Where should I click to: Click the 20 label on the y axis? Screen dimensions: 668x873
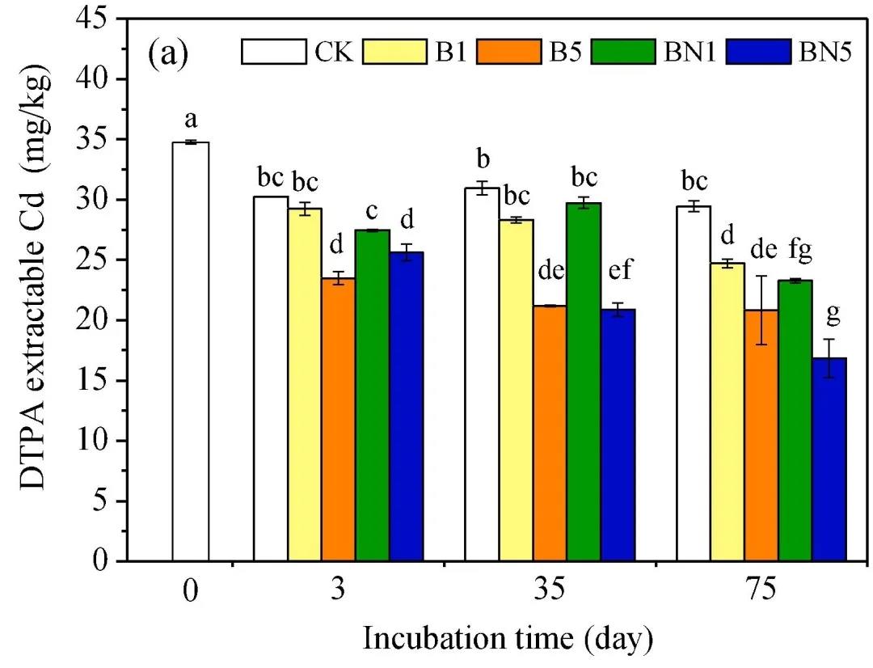coord(102,320)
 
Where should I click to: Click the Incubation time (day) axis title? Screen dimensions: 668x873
coord(508,638)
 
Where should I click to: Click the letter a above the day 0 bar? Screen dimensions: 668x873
coord(191,120)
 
